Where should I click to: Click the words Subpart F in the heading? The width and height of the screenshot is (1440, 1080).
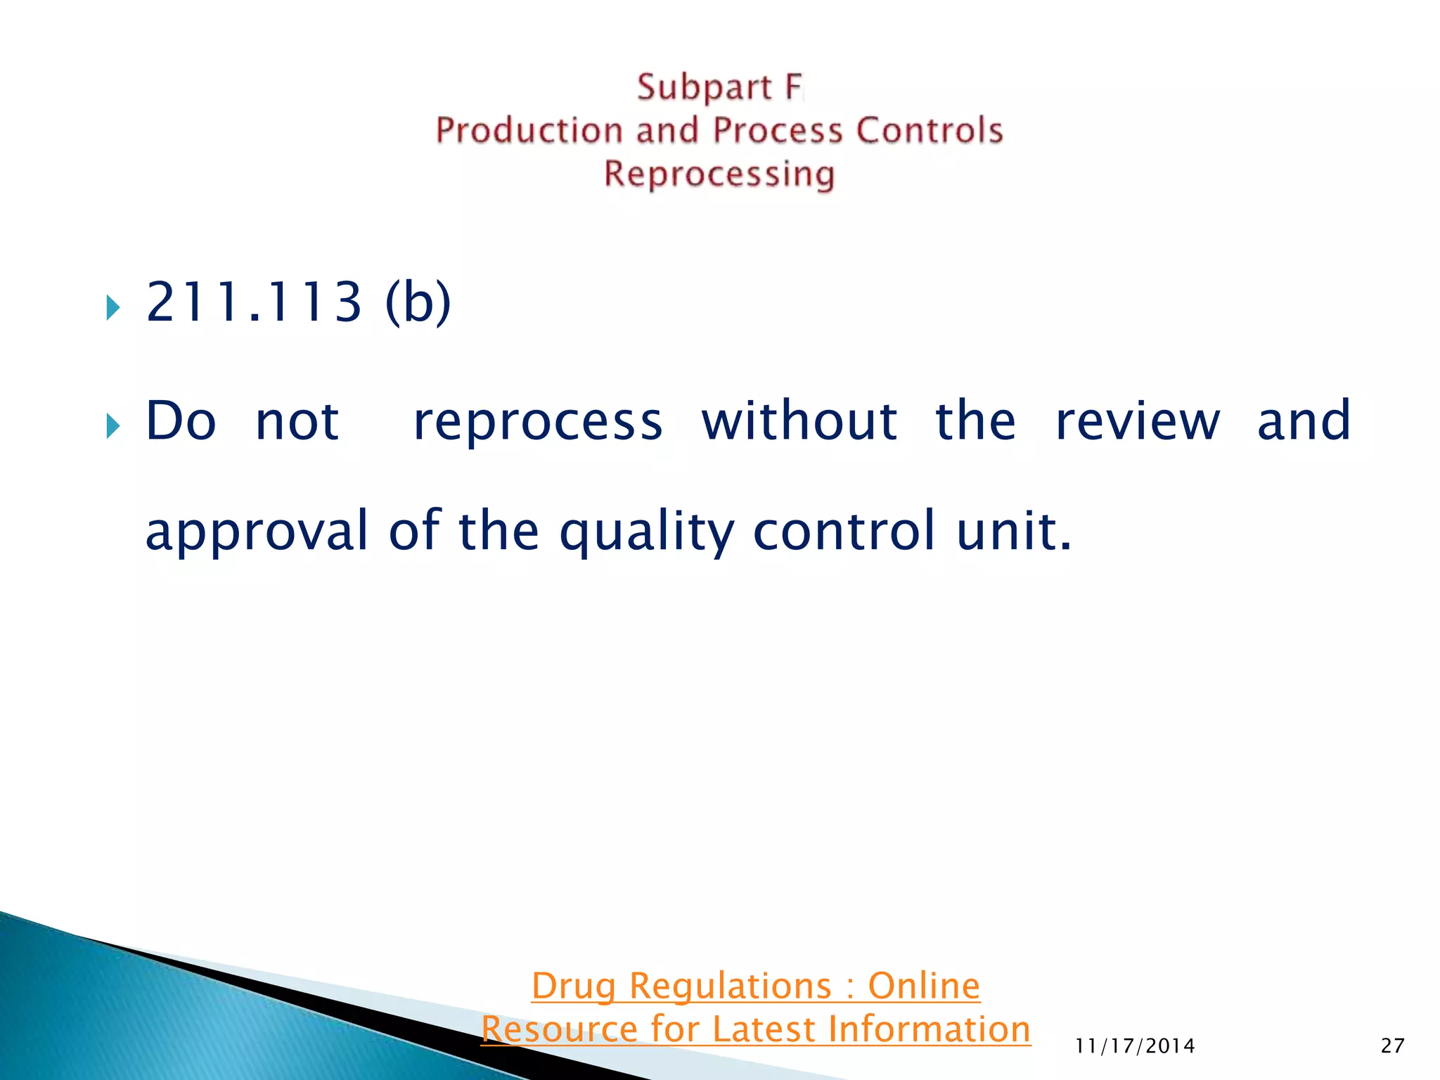(x=719, y=88)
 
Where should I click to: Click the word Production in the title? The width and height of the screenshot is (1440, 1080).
(x=529, y=131)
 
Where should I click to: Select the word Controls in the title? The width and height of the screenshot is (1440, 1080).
(x=929, y=131)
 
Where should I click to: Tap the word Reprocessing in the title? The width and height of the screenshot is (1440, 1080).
(x=719, y=174)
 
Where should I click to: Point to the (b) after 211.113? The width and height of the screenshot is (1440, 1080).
(x=418, y=302)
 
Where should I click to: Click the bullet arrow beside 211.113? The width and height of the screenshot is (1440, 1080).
(x=112, y=307)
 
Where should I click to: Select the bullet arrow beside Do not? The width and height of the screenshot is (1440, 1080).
(x=112, y=425)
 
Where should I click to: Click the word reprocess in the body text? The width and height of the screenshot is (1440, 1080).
(x=538, y=422)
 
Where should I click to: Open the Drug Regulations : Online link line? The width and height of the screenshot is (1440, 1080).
(x=755, y=986)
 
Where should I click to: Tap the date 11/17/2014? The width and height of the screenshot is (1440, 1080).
(x=1135, y=1046)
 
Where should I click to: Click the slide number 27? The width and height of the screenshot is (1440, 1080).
(x=1392, y=1046)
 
